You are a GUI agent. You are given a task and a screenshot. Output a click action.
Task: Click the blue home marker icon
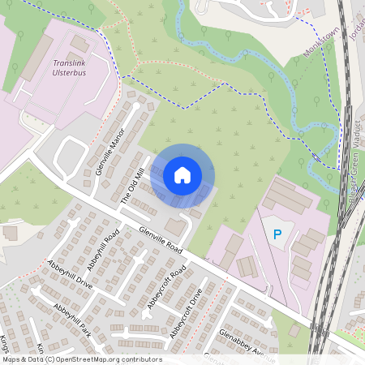tap(182, 174)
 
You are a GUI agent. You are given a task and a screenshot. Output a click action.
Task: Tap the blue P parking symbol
tap(277, 235)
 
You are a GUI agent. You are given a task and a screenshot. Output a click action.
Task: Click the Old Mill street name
tap(131, 186)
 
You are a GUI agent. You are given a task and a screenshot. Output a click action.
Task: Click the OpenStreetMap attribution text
tap(82, 359)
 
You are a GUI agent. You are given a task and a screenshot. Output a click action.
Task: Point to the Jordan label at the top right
tap(357, 28)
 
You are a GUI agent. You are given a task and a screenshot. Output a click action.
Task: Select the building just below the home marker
tap(175, 226)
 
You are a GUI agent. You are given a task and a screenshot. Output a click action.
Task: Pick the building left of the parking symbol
tap(234, 243)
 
